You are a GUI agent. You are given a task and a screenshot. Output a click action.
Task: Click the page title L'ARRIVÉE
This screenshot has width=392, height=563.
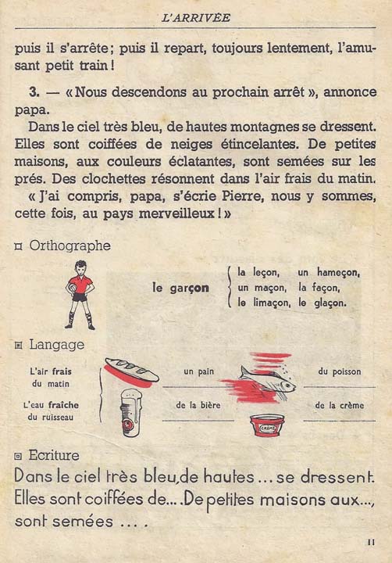click(x=195, y=16)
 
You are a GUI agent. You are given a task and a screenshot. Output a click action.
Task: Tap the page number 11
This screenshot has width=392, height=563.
click(x=370, y=540)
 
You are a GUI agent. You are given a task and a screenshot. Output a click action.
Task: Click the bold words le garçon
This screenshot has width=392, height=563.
click(x=180, y=287)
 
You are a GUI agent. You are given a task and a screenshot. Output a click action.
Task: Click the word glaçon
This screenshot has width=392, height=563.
click(x=330, y=301)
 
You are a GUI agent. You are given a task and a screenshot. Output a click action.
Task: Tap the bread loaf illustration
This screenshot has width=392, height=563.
click(x=132, y=371)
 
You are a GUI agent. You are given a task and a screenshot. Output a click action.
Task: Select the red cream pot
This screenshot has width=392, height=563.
click(x=266, y=425)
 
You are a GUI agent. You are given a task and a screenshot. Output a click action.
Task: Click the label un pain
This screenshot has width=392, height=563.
click(x=198, y=372)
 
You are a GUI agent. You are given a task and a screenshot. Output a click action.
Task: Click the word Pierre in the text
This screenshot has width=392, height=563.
click(x=199, y=195)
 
